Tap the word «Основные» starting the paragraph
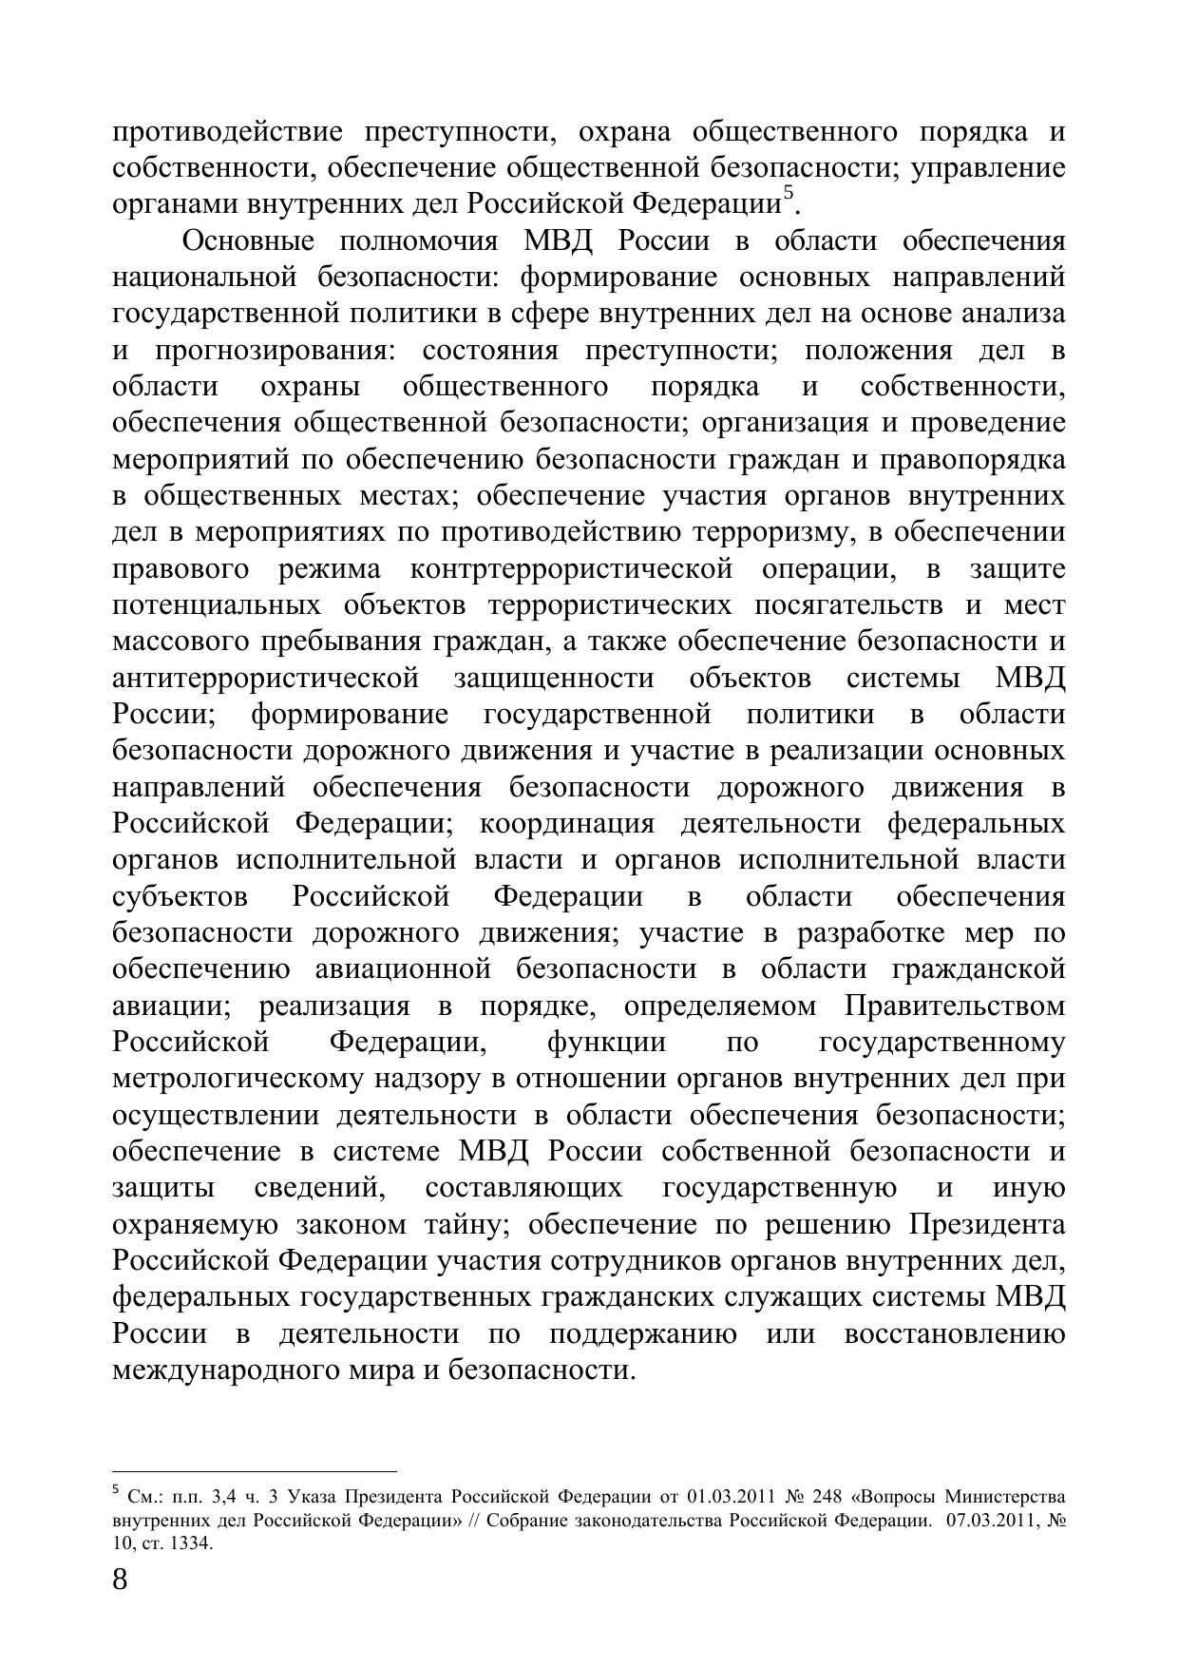click(x=244, y=241)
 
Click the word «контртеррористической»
click(x=572, y=569)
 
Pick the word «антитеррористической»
click(x=265, y=679)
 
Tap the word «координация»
click(x=567, y=823)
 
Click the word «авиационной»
click(x=402, y=969)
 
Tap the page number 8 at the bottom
click(x=120, y=1580)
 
